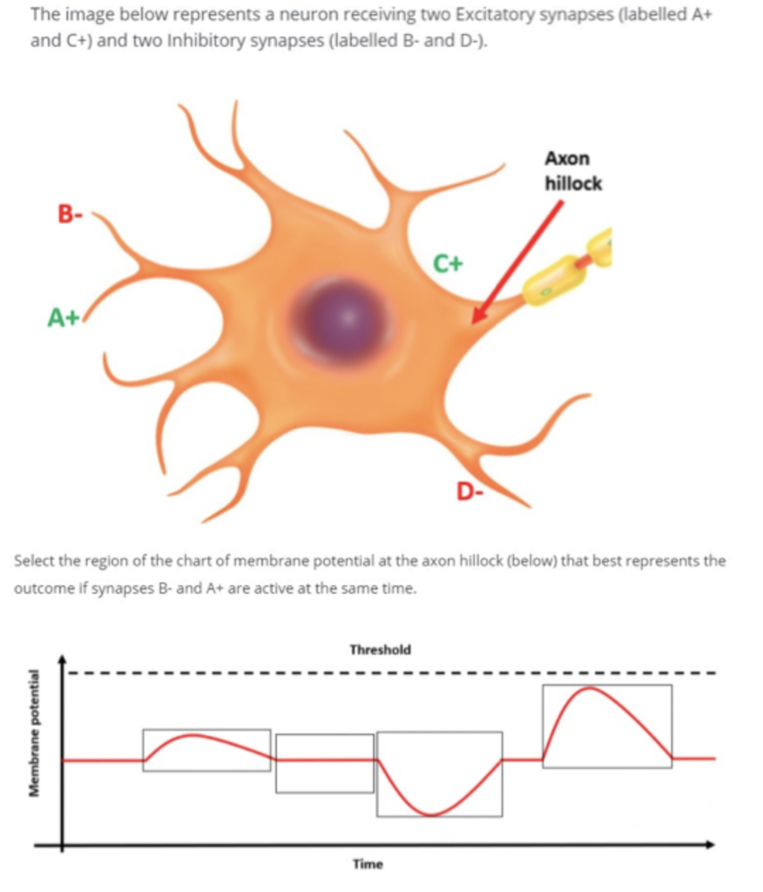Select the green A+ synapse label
(x=64, y=320)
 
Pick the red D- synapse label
(x=471, y=494)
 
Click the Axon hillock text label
(x=572, y=172)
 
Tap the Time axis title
(x=367, y=864)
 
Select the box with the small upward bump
(x=206, y=749)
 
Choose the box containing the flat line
(x=324, y=763)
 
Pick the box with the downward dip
(x=439, y=774)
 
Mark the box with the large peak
(x=606, y=726)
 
